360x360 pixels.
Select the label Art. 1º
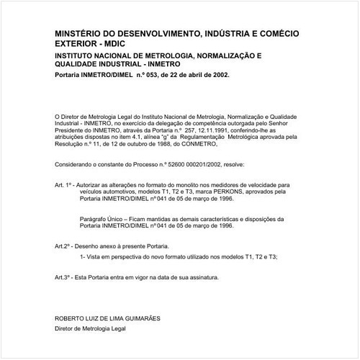(x=65, y=185)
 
